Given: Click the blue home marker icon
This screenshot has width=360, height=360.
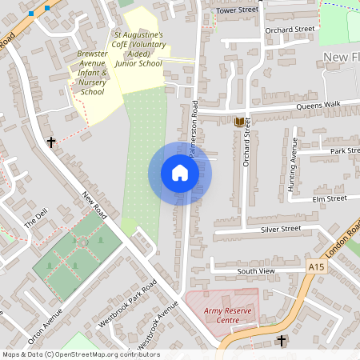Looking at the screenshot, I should [179, 174].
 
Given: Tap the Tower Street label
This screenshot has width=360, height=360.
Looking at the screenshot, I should [238, 10].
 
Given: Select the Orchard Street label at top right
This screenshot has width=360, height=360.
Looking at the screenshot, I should [290, 30].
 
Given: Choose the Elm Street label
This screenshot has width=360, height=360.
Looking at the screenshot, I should [329, 198].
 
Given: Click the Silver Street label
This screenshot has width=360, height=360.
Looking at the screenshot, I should [280, 229].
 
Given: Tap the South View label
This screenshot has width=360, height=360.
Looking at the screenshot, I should [255, 271].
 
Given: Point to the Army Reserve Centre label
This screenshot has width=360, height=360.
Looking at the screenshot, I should [222, 314].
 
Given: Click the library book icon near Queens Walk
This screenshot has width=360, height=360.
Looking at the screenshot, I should [239, 122].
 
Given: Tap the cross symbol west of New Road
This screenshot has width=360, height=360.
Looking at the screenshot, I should [52, 142].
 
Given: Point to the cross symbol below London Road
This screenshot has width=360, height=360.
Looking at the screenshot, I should [282, 341].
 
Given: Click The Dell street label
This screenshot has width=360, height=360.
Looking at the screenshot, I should [35, 218].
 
